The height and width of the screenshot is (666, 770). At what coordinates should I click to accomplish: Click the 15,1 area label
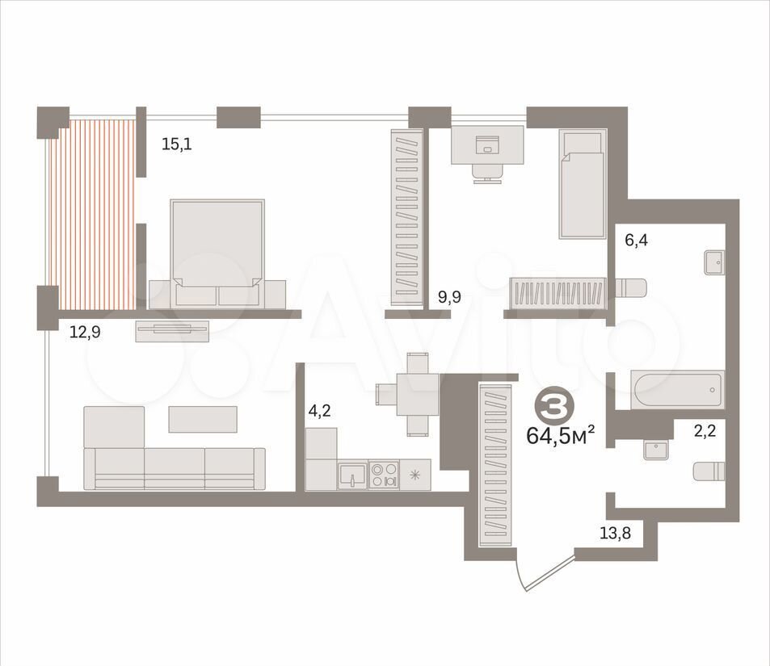pyautogui.click(x=177, y=145)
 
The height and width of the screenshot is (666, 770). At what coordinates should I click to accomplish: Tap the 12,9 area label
pyautogui.click(x=85, y=333)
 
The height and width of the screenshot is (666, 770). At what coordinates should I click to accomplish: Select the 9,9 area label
pyautogui.click(x=449, y=297)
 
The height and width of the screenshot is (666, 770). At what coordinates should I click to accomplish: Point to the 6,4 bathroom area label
pyautogui.click(x=636, y=241)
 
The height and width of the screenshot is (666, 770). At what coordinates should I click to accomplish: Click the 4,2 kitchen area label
pyautogui.click(x=319, y=411)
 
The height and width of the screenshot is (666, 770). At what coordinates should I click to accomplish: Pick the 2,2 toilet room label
pyautogui.click(x=705, y=431)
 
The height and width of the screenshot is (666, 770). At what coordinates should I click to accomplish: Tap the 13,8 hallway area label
pyautogui.click(x=616, y=532)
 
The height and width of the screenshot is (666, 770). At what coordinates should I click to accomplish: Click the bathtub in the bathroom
pyautogui.click(x=678, y=390)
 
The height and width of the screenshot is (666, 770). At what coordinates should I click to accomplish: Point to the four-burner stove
pyautogui.click(x=384, y=475)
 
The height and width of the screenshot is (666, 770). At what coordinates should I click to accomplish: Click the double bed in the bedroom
pyautogui.click(x=217, y=253)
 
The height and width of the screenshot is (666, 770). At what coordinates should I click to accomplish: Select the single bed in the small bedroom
pyautogui.click(x=583, y=184)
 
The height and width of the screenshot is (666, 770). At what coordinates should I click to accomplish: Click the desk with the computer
pyautogui.click(x=488, y=145)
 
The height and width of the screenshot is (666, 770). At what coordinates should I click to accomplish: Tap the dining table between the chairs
pyautogui.click(x=418, y=395)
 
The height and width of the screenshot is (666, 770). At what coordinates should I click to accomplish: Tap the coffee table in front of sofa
pyautogui.click(x=203, y=419)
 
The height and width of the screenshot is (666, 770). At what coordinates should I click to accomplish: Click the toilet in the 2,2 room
pyautogui.click(x=709, y=471)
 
